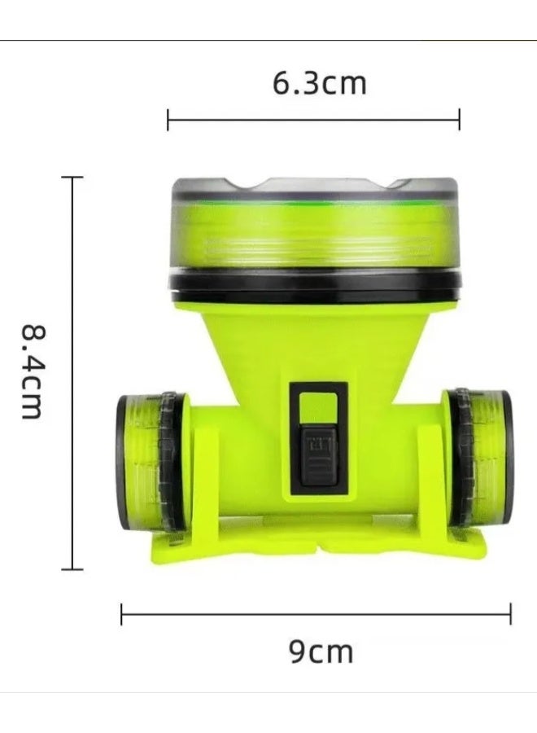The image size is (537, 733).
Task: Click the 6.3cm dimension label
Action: (319, 83)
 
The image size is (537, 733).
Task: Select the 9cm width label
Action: (321, 652)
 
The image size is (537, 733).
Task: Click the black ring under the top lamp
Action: (316, 284)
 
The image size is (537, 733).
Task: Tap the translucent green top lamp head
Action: (316, 232)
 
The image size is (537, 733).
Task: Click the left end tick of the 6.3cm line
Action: (168, 119)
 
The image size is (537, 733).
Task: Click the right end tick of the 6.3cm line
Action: (459, 119)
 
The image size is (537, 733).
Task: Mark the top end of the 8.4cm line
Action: (72, 177)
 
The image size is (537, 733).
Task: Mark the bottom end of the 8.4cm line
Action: (72, 569)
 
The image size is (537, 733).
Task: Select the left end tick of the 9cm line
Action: (121, 614)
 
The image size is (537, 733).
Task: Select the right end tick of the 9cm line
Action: (511, 614)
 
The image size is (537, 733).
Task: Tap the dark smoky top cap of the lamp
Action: (316, 186)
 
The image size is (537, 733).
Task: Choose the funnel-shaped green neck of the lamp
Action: (316, 342)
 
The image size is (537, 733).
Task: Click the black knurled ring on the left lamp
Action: (170, 462)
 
